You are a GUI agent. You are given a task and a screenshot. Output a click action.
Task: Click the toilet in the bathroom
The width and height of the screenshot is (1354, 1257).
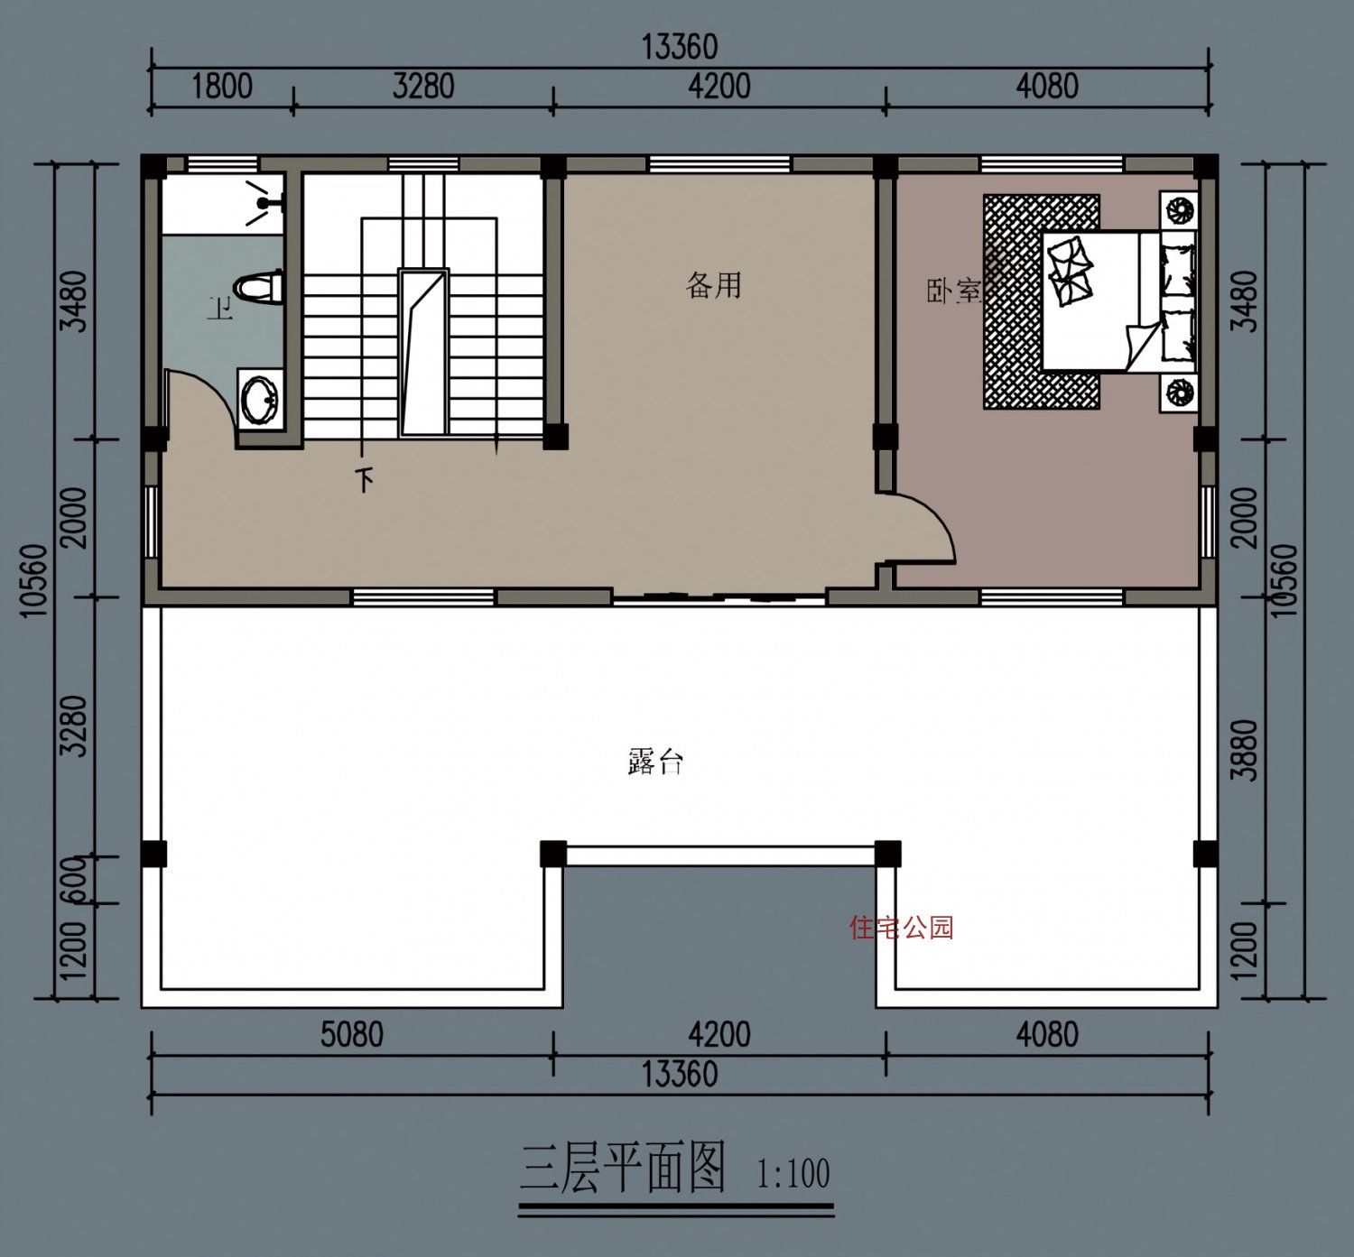259,288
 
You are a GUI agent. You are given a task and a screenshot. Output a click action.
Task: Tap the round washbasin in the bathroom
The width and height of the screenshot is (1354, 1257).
260,397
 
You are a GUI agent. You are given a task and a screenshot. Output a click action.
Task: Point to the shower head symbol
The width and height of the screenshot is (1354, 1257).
263,199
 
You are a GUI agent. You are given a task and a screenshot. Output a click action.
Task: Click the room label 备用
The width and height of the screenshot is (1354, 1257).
714,285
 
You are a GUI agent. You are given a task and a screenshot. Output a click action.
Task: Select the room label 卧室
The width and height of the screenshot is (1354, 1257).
953,291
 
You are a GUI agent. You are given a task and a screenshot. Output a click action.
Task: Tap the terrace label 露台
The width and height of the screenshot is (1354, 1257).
655,762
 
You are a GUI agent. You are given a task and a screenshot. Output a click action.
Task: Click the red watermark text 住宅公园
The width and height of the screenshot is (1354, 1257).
901,927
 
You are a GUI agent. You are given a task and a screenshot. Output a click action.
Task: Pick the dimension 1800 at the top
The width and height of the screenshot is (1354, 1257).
222,87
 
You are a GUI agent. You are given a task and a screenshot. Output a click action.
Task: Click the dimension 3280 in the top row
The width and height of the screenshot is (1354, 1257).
423,87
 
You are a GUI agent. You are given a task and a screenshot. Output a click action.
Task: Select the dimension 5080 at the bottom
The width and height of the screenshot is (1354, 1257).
351,1034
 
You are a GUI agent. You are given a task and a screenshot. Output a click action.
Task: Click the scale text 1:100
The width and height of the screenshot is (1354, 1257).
793,1174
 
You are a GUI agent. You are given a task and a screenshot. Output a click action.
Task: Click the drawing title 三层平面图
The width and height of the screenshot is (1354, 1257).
623,1168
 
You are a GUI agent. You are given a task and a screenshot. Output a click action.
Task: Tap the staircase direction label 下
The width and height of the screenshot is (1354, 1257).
365,479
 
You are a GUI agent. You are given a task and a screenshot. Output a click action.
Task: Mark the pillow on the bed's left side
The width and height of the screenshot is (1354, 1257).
1071,269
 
